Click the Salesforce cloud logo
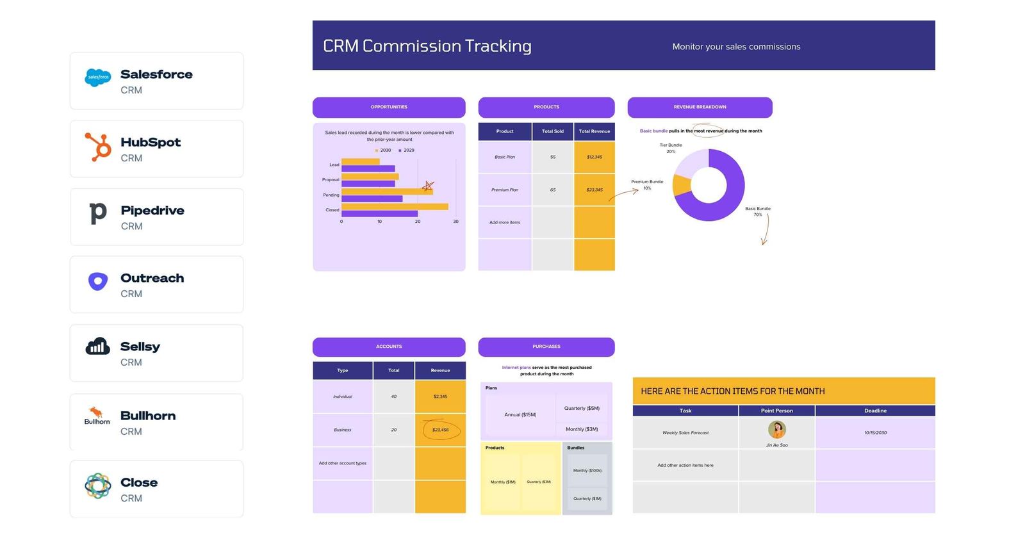tap(97, 77)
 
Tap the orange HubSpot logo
tap(98, 147)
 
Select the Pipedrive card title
tap(152, 210)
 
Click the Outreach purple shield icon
tap(97, 281)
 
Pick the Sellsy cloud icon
tap(97, 346)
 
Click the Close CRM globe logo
tap(97, 486)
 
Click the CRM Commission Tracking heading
tap(427, 46)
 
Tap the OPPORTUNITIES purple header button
tap(389, 107)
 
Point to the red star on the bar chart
tap(428, 186)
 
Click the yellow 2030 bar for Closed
tap(394, 206)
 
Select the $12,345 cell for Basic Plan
tap(594, 157)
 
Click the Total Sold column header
tap(552, 131)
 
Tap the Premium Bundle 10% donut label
tap(647, 184)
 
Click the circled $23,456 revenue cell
tap(440, 430)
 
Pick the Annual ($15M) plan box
tap(520, 414)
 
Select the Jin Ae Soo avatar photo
tap(776, 429)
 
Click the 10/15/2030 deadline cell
tap(875, 433)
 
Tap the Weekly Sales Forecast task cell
tap(685, 433)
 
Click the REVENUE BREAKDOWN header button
tap(700, 107)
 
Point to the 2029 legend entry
tap(407, 151)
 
